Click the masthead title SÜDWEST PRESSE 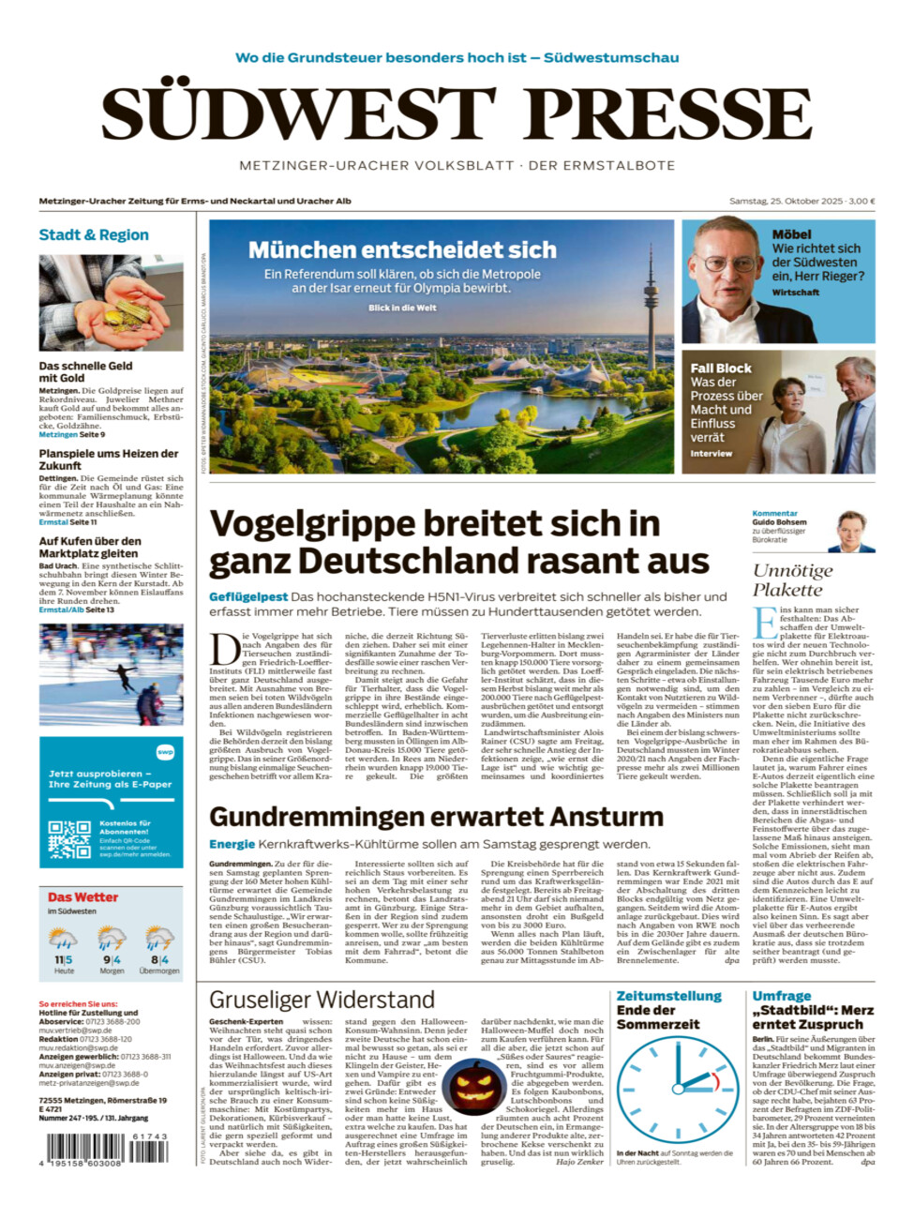(457, 114)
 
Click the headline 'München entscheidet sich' (402, 249)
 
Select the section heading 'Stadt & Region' (94, 234)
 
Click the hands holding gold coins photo (111, 303)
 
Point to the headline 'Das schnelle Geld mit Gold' (86, 372)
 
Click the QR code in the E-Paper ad (69, 839)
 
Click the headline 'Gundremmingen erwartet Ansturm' (436, 817)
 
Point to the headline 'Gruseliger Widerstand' (322, 1000)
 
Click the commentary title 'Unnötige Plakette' (792, 579)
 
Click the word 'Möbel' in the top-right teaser (791, 234)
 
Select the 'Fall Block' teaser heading (721, 369)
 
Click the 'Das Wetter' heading (83, 897)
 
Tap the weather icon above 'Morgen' (112, 939)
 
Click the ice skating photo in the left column (111, 675)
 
